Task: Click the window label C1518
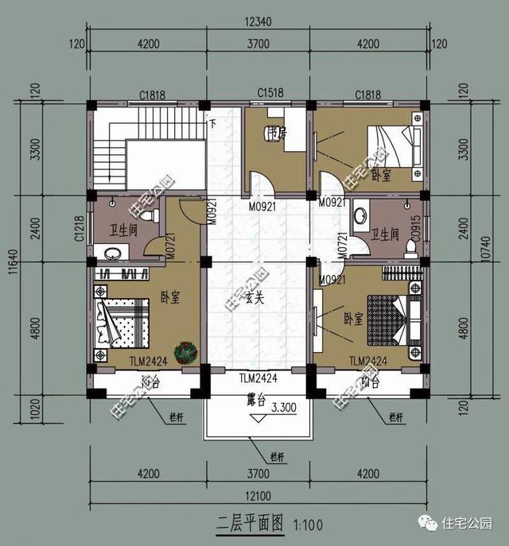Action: pos(271,95)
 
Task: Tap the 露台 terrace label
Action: pos(253,395)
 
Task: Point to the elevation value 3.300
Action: pos(284,409)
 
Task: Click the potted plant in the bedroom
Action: pos(188,350)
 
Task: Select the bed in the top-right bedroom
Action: pos(394,149)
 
